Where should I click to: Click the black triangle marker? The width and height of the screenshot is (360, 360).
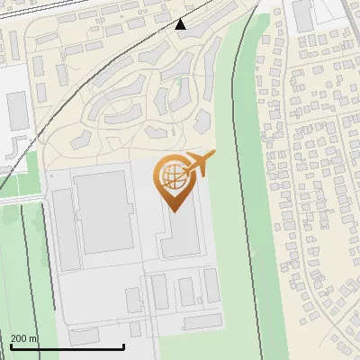point(181,24)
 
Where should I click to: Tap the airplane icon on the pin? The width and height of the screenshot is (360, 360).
point(198,163)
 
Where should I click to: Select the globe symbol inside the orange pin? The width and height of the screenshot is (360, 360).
point(171,176)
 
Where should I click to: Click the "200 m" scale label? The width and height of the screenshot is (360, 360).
point(24,338)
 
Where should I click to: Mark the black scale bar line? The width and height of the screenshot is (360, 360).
point(67,346)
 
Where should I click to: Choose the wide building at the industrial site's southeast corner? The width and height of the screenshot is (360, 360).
point(202,320)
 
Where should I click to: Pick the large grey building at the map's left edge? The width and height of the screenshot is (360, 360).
point(18,109)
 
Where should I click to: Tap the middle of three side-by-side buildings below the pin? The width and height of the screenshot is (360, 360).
point(186,292)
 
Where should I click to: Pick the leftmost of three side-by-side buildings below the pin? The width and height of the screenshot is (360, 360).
point(160,292)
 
